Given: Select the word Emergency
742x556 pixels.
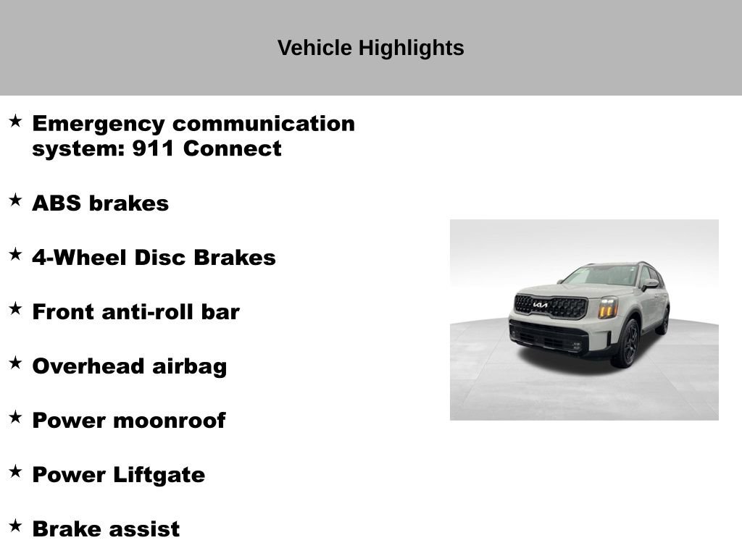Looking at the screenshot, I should coord(99,124).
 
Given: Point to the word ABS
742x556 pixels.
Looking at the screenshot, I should coord(57,203).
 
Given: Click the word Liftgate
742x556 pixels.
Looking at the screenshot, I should coord(159,475).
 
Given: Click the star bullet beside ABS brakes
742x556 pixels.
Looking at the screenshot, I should coord(15,201).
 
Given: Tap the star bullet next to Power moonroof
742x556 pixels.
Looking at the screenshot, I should coord(15,418).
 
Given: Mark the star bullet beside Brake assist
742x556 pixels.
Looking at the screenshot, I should coord(15,526).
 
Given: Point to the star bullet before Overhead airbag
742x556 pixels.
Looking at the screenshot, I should coord(15,363).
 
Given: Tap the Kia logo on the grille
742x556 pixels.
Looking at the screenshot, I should coord(541,305).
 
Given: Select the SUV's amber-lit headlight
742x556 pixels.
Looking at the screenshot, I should coord(608,307).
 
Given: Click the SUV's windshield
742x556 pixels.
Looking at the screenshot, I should coord(601,275).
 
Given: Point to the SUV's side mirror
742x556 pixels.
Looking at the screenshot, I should coord(650,284).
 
